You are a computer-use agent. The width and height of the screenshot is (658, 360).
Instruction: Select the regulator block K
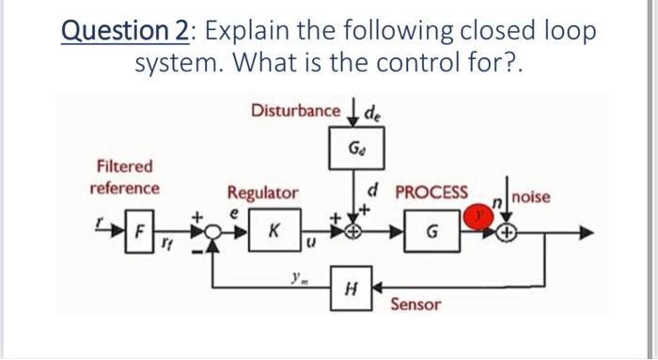(271, 228)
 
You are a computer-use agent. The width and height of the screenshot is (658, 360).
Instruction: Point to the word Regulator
(263, 193)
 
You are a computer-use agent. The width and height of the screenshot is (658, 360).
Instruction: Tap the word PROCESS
(431, 193)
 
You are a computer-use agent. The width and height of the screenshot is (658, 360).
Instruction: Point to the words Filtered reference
(124, 177)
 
